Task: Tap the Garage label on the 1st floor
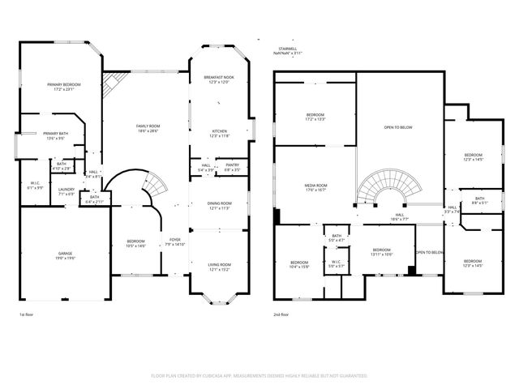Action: tap(65, 254)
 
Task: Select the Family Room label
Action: tap(148, 126)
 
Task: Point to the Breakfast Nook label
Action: tap(218, 77)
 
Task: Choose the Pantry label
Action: tap(232, 165)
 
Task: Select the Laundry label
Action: tap(66, 190)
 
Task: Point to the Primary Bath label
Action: tap(55, 134)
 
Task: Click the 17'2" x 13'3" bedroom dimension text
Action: tap(315, 119)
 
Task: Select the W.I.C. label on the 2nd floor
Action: tap(336, 263)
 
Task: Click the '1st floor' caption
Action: tap(27, 314)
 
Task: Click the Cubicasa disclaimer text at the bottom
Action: tap(259, 376)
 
